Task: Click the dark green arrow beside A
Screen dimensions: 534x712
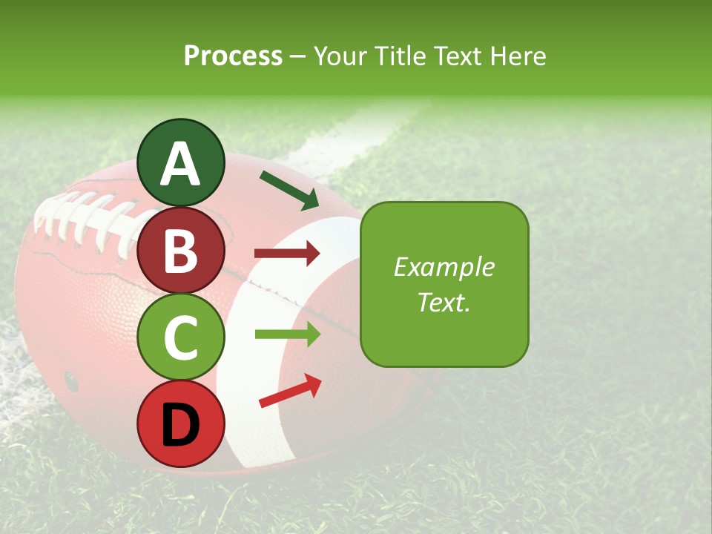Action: (x=289, y=190)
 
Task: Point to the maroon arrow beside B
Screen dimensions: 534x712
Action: (x=287, y=254)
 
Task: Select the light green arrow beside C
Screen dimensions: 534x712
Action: (x=287, y=334)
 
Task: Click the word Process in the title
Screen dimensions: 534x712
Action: (x=233, y=56)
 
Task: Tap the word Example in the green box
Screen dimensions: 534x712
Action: (x=444, y=267)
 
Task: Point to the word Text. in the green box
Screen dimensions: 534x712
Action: (x=444, y=302)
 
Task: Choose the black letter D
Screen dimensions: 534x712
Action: (x=180, y=424)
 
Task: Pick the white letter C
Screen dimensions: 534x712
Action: (x=180, y=337)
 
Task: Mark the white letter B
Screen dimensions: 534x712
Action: (x=180, y=251)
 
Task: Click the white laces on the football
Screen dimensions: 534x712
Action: (x=82, y=215)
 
